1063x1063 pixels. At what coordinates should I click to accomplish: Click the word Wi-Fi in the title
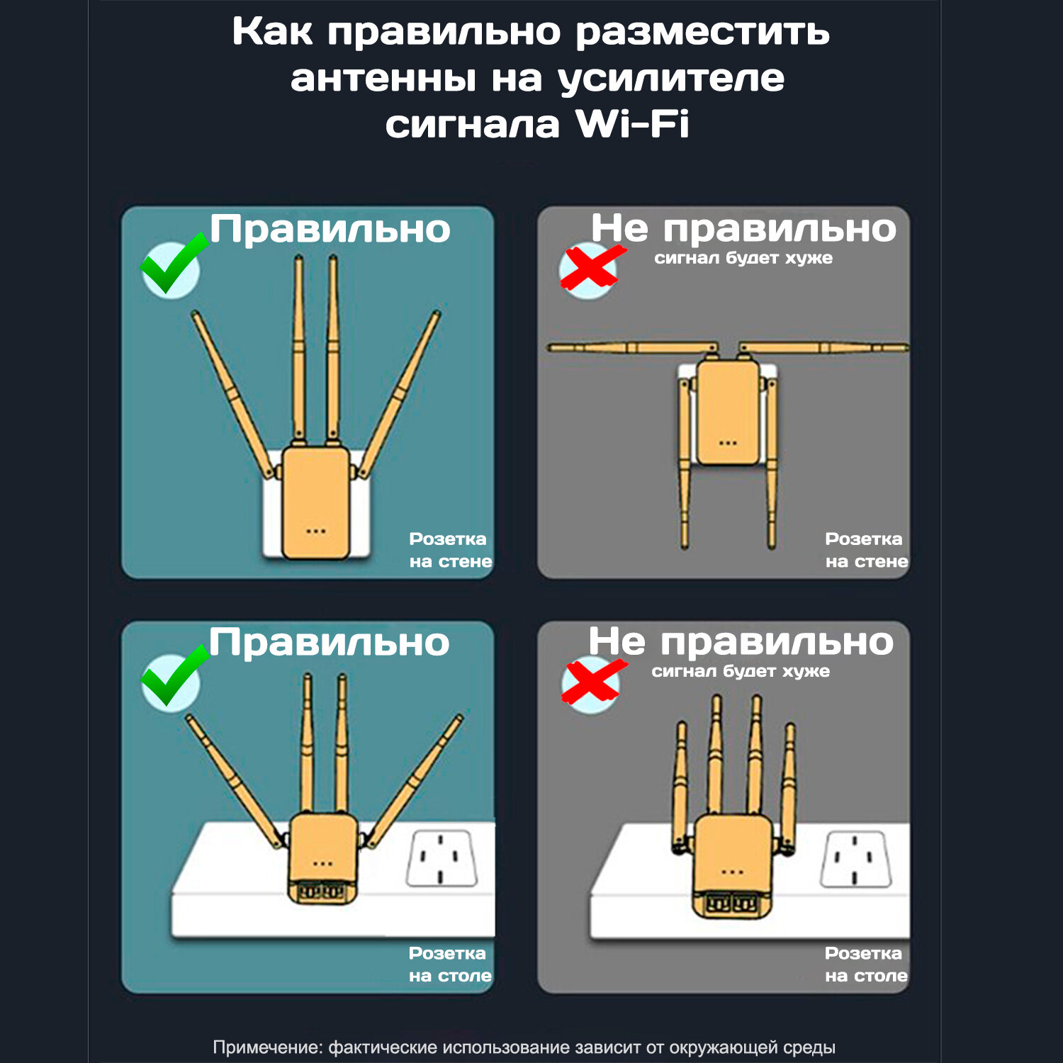coord(632,124)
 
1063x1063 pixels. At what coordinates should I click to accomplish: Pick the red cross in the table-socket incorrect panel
coord(594,681)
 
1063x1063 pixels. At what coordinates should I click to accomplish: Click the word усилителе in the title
coord(671,79)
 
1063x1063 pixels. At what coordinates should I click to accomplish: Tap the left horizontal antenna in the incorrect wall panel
coord(632,347)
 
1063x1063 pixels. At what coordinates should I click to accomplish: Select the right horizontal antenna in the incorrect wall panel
coord(823,347)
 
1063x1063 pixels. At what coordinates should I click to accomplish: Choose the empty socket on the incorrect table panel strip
coord(855,859)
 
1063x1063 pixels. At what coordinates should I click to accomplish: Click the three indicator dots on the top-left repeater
coord(316,531)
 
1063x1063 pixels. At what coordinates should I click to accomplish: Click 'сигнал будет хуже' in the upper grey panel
coord(743,258)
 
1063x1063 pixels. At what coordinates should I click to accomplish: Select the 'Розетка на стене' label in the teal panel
coord(450,550)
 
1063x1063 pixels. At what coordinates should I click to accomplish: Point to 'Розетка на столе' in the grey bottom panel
coord(866,964)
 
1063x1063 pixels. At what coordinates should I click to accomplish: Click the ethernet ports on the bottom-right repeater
coord(733,904)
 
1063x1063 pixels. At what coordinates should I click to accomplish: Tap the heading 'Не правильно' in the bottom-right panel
coord(741,642)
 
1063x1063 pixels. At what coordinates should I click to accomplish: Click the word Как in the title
coord(272,32)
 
